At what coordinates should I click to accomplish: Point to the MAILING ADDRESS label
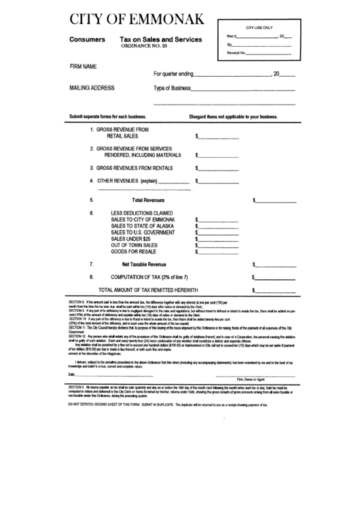(x=92, y=88)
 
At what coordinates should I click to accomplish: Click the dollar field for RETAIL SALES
(x=219, y=137)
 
